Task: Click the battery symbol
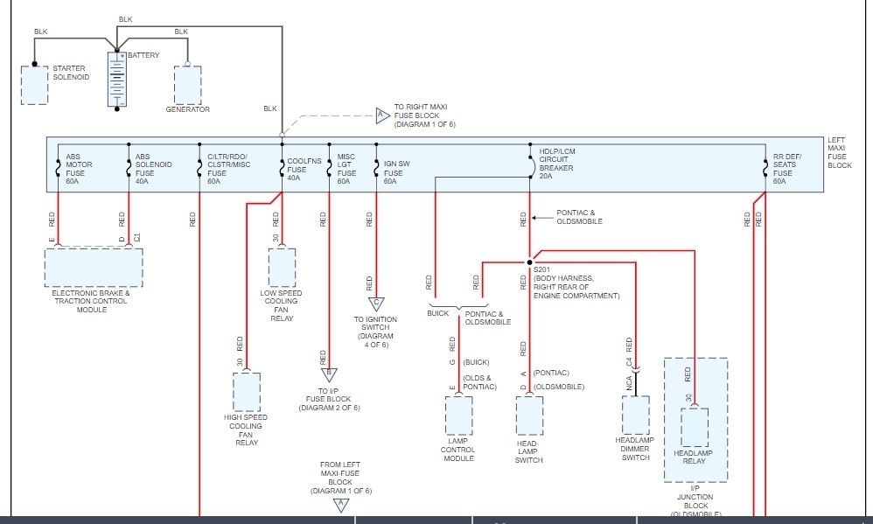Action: [x=117, y=79]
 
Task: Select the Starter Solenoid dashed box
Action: [x=34, y=85]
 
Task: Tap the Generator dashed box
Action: [x=187, y=85]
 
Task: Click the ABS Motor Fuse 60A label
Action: [x=79, y=169]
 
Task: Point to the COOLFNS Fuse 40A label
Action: [x=304, y=170]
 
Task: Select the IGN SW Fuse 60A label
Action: [x=396, y=172]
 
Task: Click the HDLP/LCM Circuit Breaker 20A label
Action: [x=556, y=164]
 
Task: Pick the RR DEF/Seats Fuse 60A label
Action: [x=786, y=169]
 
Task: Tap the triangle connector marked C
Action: [x=376, y=304]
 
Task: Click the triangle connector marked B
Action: [x=329, y=374]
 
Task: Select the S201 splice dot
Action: [x=529, y=262]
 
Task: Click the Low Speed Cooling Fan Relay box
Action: [x=283, y=268]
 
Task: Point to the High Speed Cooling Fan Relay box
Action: [x=247, y=392]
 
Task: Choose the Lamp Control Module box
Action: [x=458, y=416]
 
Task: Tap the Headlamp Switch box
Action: [x=529, y=416]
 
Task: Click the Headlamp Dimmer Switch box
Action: [x=636, y=415]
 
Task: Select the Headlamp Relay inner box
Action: [x=695, y=427]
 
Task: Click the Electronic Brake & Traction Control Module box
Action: [x=94, y=268]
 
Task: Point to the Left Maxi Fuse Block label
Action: [x=839, y=152]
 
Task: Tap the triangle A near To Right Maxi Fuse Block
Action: [x=382, y=115]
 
